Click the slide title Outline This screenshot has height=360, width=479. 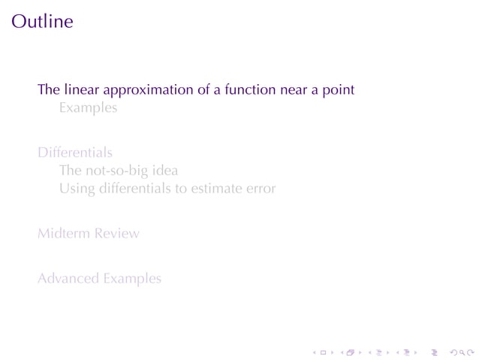click(42, 21)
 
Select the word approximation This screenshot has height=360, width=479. click(145, 90)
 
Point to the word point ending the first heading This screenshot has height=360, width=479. click(338, 90)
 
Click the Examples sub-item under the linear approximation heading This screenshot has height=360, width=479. click(89, 108)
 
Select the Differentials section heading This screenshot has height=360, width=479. click(75, 153)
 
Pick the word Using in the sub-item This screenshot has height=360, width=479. click(76, 189)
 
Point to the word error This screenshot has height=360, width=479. click(260, 189)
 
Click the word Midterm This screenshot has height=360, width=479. click(63, 233)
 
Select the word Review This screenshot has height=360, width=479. click(116, 233)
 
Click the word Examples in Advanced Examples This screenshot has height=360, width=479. click(132, 279)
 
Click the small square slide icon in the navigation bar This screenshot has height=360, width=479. click(323, 351)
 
